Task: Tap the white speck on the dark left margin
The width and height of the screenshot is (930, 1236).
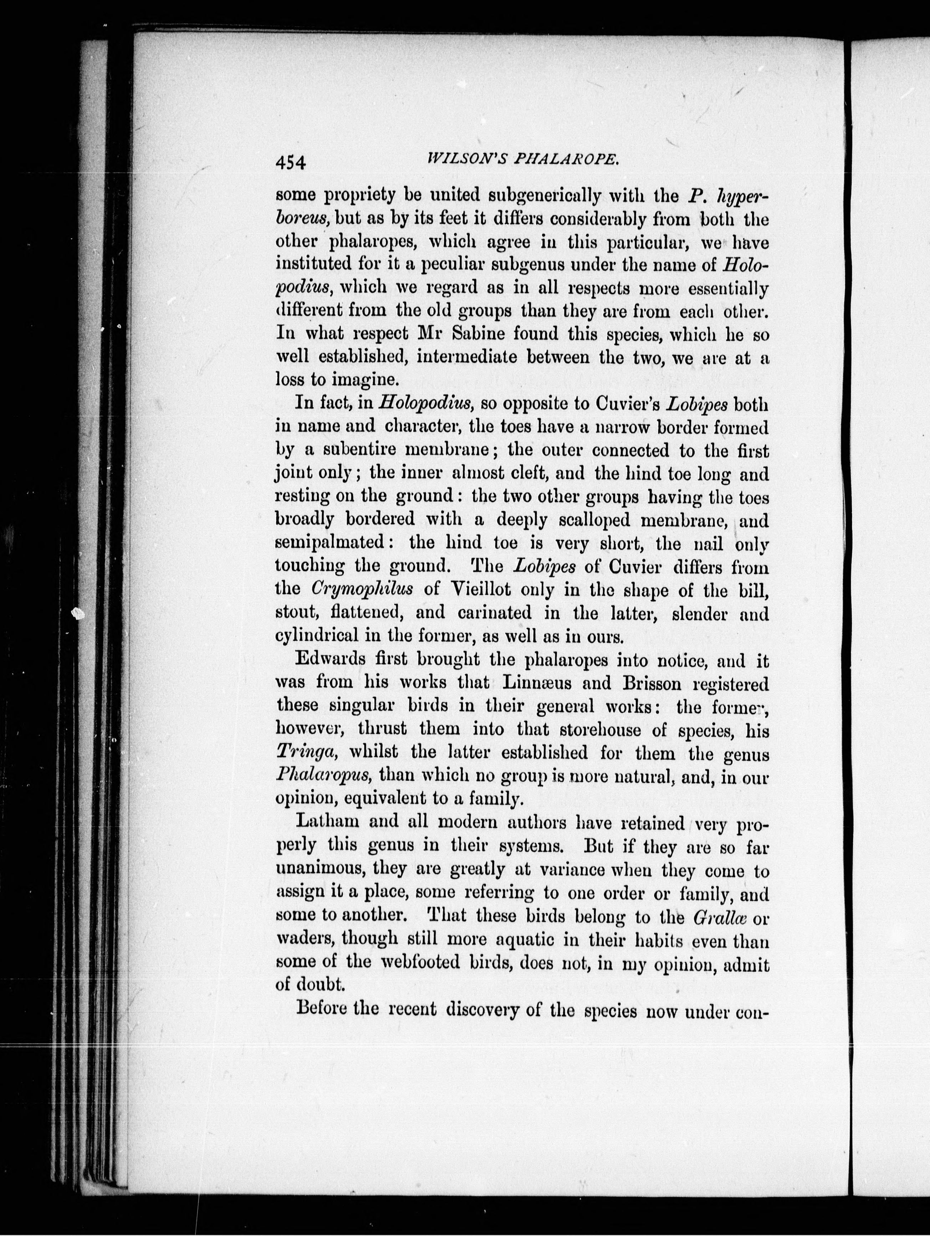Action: tap(78, 613)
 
